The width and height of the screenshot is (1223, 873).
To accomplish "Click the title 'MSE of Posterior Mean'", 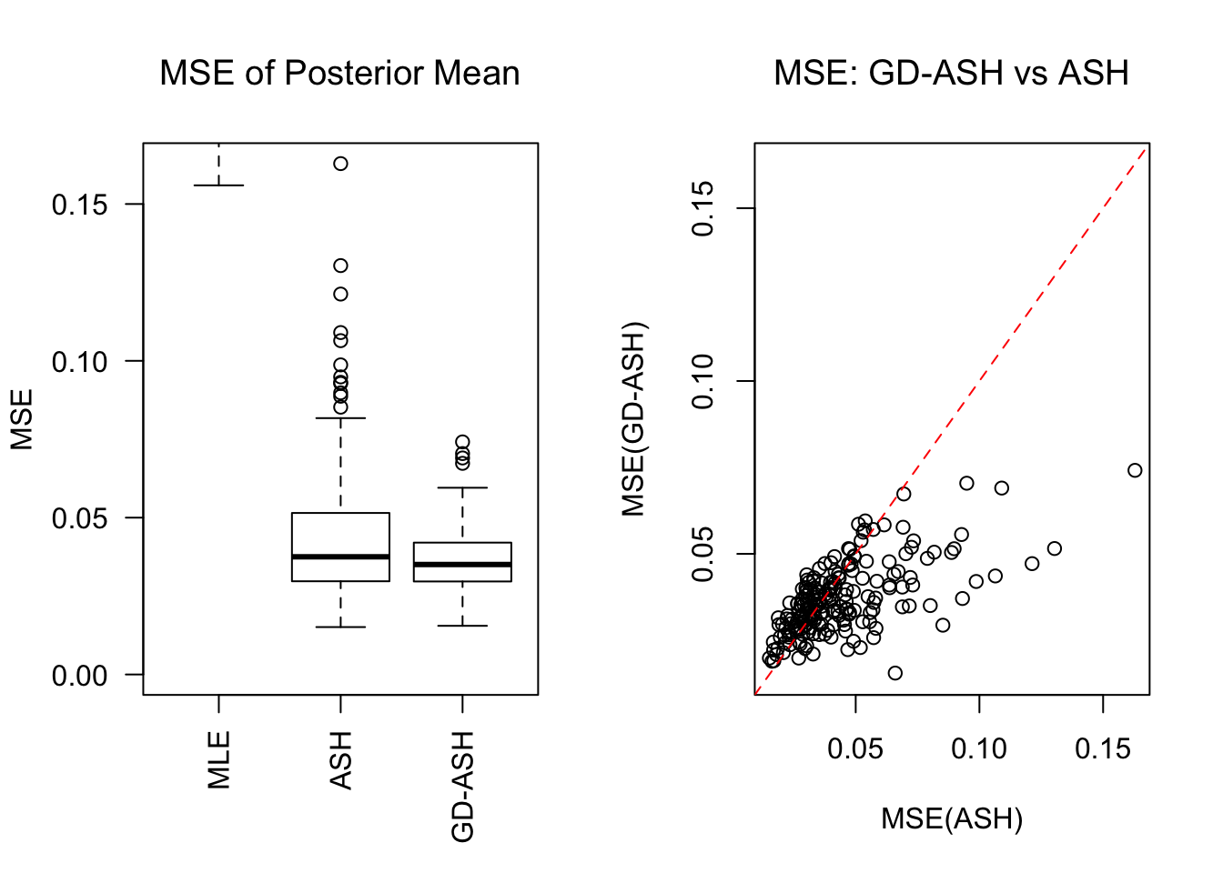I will [339, 73].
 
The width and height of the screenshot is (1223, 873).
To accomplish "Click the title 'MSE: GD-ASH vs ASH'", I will [951, 73].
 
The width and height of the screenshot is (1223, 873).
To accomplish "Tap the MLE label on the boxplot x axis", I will [219, 759].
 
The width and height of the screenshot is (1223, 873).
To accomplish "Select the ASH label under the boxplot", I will [340, 759].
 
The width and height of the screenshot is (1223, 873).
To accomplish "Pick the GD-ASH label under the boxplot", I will [463, 786].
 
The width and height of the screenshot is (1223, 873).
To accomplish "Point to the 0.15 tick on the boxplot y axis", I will [79, 205].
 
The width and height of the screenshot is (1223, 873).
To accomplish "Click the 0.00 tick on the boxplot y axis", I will [79, 676].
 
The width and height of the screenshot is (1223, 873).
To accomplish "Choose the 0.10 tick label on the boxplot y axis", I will [79, 362].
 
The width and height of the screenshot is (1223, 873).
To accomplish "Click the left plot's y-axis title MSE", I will [22, 419].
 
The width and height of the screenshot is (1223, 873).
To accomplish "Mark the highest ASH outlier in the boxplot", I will [340, 164].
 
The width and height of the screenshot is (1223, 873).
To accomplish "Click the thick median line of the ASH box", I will [340, 557].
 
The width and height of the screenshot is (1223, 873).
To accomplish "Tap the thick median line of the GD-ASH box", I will [462, 565].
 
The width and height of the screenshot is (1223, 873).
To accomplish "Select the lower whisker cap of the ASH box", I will [340, 627].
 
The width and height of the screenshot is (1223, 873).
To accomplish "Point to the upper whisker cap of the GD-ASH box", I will [462, 487].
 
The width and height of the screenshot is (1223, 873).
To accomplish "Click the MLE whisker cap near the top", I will [219, 186].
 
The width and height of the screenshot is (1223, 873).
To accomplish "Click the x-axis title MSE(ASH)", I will [952, 818].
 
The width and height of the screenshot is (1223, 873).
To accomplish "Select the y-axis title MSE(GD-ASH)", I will [633, 419].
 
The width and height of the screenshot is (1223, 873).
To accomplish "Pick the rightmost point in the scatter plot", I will [1135, 470].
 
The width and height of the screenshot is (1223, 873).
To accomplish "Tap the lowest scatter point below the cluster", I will [895, 673].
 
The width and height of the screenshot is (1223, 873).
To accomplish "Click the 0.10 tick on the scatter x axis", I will [979, 748].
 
